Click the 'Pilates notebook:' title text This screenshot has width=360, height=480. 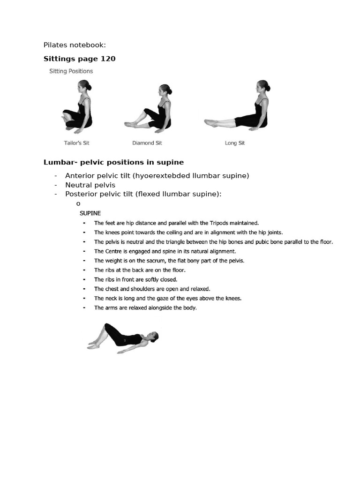[x=75, y=45]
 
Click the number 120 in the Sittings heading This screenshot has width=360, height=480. [x=107, y=59]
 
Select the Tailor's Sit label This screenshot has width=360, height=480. [x=76, y=143]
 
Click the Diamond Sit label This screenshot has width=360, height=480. [x=147, y=143]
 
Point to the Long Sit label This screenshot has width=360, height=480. [x=235, y=143]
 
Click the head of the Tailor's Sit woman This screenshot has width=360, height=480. [x=84, y=86]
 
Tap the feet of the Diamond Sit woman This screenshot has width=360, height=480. [x=129, y=124]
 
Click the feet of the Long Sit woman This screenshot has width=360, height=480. [x=210, y=123]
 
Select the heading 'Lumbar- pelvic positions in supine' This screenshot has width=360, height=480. [x=113, y=162]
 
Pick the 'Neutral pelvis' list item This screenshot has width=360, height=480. [x=90, y=185]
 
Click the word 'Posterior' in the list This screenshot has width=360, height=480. [x=81, y=194]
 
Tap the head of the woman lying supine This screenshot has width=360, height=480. [x=153, y=336]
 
